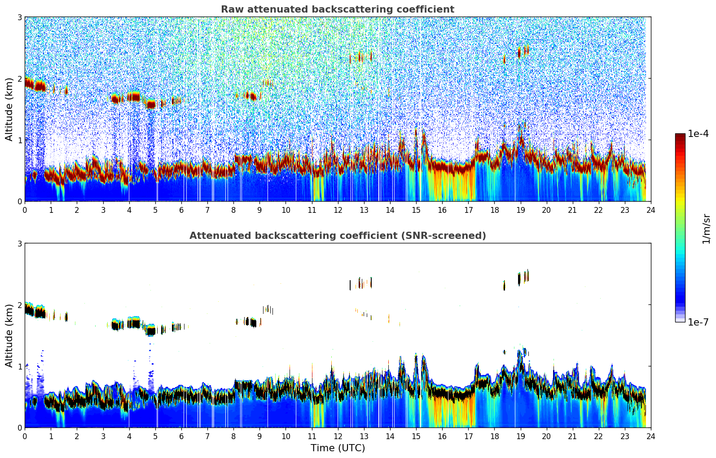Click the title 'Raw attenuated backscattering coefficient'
click(x=337, y=9)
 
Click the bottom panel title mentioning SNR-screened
click(x=337, y=236)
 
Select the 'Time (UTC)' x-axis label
click(x=338, y=448)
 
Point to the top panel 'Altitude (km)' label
click(x=9, y=109)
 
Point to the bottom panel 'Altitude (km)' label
click(x=9, y=335)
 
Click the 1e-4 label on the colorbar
click(x=698, y=134)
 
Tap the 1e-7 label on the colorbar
click(x=698, y=322)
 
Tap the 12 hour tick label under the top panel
click(x=338, y=210)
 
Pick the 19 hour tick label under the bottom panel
click(x=520, y=436)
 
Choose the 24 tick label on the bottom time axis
click(x=650, y=436)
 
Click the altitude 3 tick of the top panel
click(x=19, y=18)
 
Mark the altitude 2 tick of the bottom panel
click(x=19, y=305)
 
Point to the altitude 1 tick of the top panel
click(x=19, y=140)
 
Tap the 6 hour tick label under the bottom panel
click(x=181, y=436)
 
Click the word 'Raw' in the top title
click(x=230, y=9)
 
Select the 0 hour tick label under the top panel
click(x=25, y=210)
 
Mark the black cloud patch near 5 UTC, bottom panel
click(x=151, y=331)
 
